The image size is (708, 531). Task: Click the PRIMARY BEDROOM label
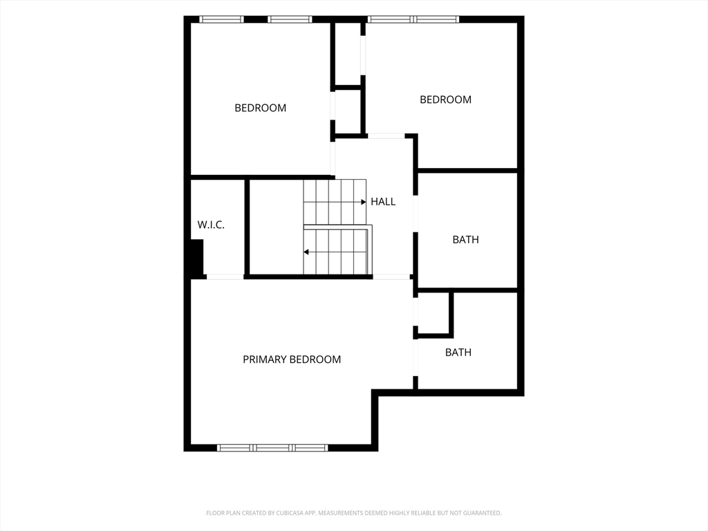pyautogui.click(x=292, y=360)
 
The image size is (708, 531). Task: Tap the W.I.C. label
pyautogui.click(x=211, y=225)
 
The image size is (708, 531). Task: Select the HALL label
pyautogui.click(x=383, y=202)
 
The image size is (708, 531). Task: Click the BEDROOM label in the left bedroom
pyautogui.click(x=260, y=108)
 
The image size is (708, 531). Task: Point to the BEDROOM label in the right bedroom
pyautogui.click(x=446, y=100)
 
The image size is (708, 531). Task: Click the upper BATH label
pyautogui.click(x=465, y=240)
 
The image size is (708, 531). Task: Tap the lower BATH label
pyautogui.click(x=458, y=353)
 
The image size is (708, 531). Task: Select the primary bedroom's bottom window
pyautogui.click(x=272, y=448)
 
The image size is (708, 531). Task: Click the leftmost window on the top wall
pyautogui.click(x=221, y=19)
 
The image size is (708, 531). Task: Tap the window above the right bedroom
pyautogui.click(x=413, y=19)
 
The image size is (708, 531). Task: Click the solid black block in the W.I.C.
pyautogui.click(x=197, y=257)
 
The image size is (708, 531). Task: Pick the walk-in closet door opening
pyautogui.click(x=225, y=277)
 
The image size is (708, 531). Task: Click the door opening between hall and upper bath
pyautogui.click(x=416, y=214)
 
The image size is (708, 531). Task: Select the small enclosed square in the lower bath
pyautogui.click(x=434, y=314)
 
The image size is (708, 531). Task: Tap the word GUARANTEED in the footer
pyautogui.click(x=483, y=513)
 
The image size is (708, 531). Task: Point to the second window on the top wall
pyautogui.click(x=290, y=19)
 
